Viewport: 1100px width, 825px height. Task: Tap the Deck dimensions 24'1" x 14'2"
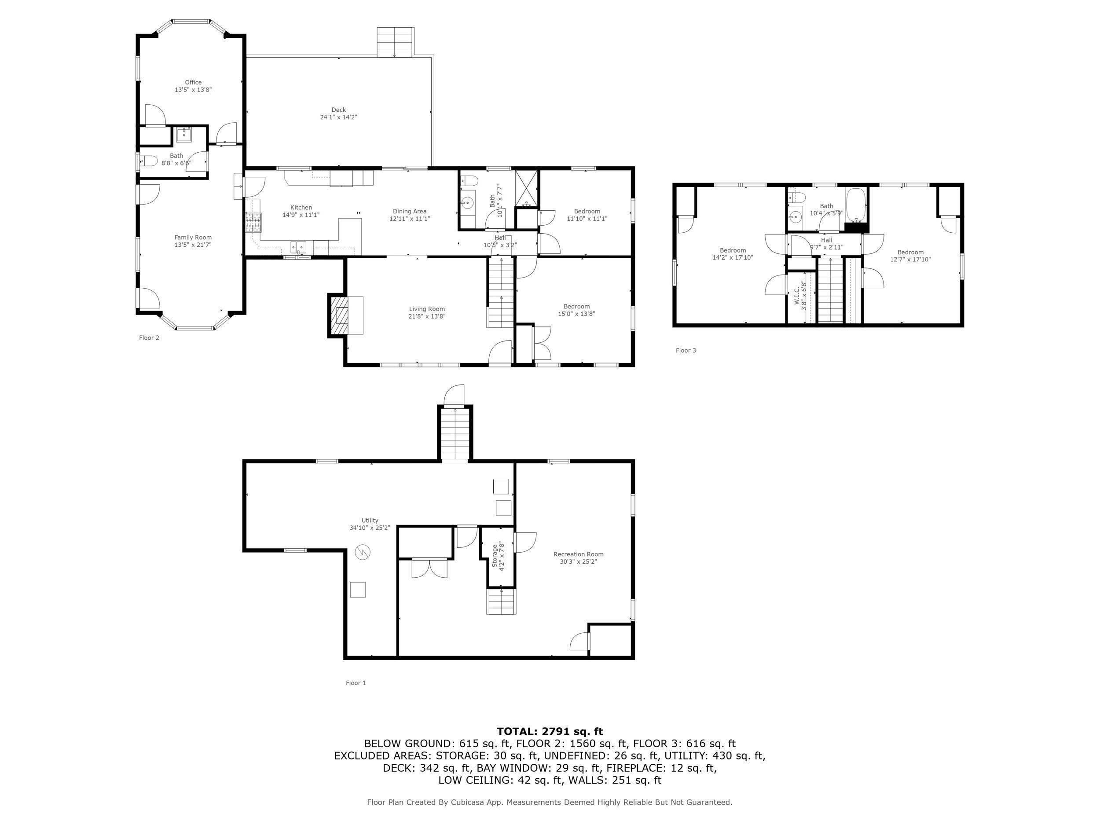pos(338,117)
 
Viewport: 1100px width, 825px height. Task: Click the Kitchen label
pos(301,207)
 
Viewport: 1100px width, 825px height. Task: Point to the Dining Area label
pos(409,211)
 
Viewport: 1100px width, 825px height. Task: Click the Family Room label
pos(193,238)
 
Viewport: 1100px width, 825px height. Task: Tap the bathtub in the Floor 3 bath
pos(856,205)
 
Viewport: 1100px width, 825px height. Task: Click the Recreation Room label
pos(578,554)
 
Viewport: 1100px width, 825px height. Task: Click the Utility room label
pos(370,520)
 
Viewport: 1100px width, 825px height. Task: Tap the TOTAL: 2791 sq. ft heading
pos(550,731)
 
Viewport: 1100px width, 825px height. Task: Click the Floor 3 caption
pos(686,350)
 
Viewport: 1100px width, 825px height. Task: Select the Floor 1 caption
pos(356,683)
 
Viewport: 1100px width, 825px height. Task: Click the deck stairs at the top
pos(395,42)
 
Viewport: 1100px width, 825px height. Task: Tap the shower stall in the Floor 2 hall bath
pos(526,188)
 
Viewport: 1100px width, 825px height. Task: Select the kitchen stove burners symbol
pos(253,222)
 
